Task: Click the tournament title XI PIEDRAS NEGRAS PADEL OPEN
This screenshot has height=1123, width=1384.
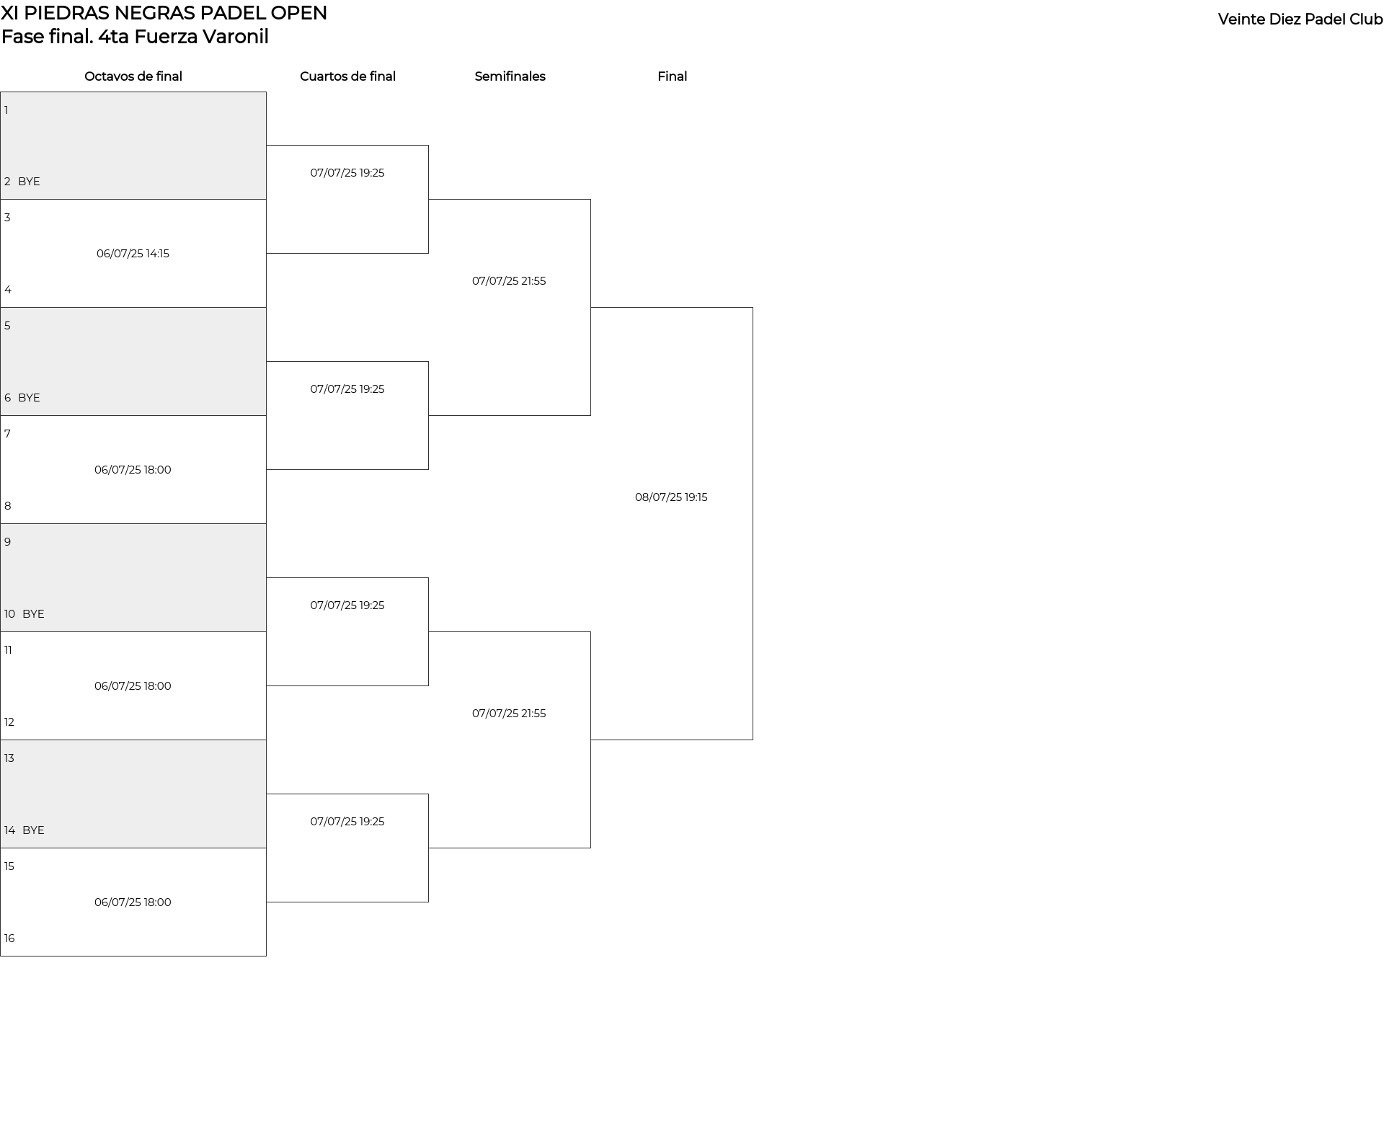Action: point(164,13)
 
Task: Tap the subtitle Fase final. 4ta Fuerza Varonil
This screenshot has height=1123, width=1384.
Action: point(135,37)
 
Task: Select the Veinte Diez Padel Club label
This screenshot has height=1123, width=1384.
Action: point(1300,19)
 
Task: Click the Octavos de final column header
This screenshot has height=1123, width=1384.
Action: point(133,76)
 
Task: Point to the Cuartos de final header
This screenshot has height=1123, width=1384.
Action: point(347,76)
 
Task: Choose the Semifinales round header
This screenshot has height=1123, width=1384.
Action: point(510,76)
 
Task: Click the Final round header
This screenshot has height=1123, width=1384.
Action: point(672,76)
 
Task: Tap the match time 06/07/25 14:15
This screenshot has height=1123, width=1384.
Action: point(133,254)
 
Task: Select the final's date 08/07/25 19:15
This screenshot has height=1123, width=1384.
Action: point(671,497)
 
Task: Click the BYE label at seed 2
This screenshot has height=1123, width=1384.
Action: point(29,182)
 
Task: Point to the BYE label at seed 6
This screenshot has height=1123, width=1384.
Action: point(29,398)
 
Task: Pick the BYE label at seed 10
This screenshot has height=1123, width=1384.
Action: point(33,614)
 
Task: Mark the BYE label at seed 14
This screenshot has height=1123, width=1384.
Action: point(33,830)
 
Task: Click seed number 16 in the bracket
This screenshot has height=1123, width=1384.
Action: point(9,938)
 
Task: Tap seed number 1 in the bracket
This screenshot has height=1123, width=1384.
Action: point(6,110)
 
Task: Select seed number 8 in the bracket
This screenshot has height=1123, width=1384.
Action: point(8,506)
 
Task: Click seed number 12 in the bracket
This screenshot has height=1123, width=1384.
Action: point(9,722)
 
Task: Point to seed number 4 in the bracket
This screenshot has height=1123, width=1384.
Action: point(8,290)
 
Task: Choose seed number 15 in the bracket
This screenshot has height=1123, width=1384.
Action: point(9,866)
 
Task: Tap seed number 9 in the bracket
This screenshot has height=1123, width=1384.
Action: point(8,542)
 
